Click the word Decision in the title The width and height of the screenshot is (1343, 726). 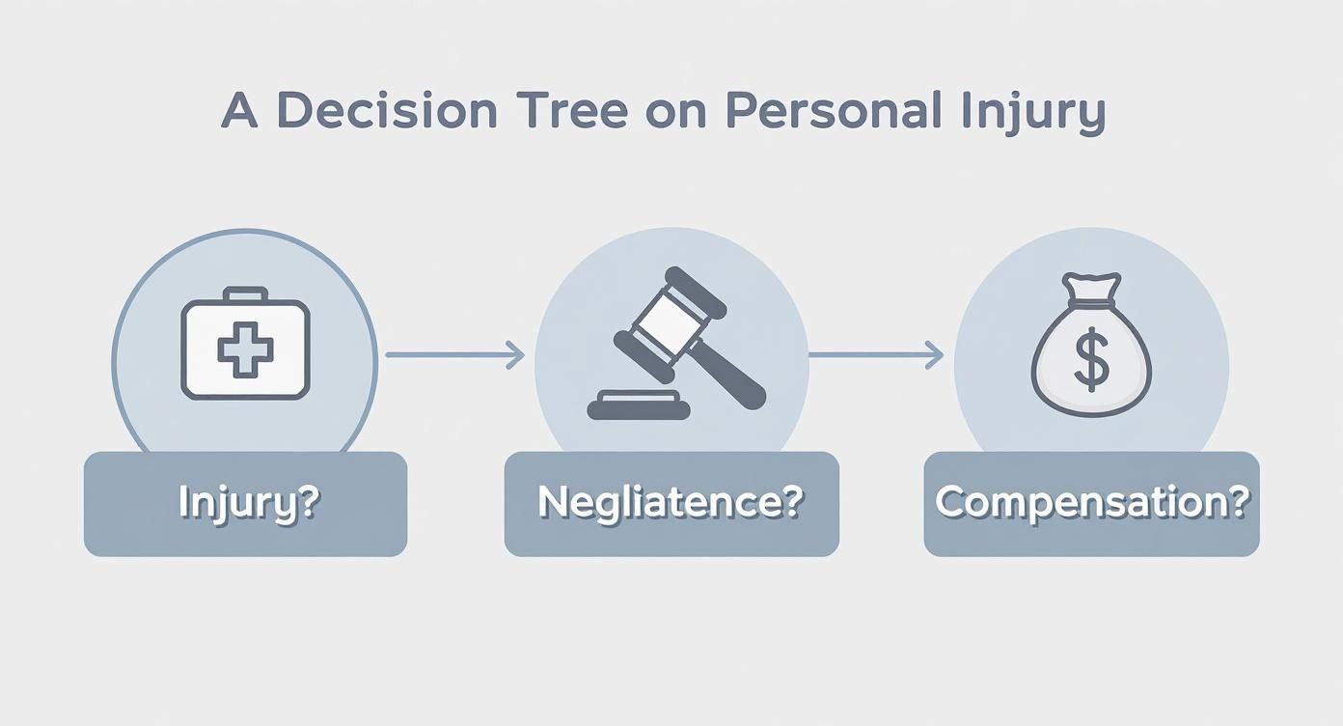(x=387, y=112)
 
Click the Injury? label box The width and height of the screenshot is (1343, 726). (x=246, y=504)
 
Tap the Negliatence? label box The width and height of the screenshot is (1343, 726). (x=671, y=504)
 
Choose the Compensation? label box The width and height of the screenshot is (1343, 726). (x=1091, y=504)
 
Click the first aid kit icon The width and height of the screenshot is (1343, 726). (x=246, y=345)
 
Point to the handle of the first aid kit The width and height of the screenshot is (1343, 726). (x=246, y=293)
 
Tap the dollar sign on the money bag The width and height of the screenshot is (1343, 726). (x=1091, y=359)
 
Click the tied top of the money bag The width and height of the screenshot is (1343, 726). (x=1091, y=290)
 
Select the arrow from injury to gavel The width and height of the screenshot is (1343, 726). (x=453, y=355)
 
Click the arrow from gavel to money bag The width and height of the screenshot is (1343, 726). (x=874, y=355)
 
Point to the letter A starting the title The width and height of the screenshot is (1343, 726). (x=239, y=112)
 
